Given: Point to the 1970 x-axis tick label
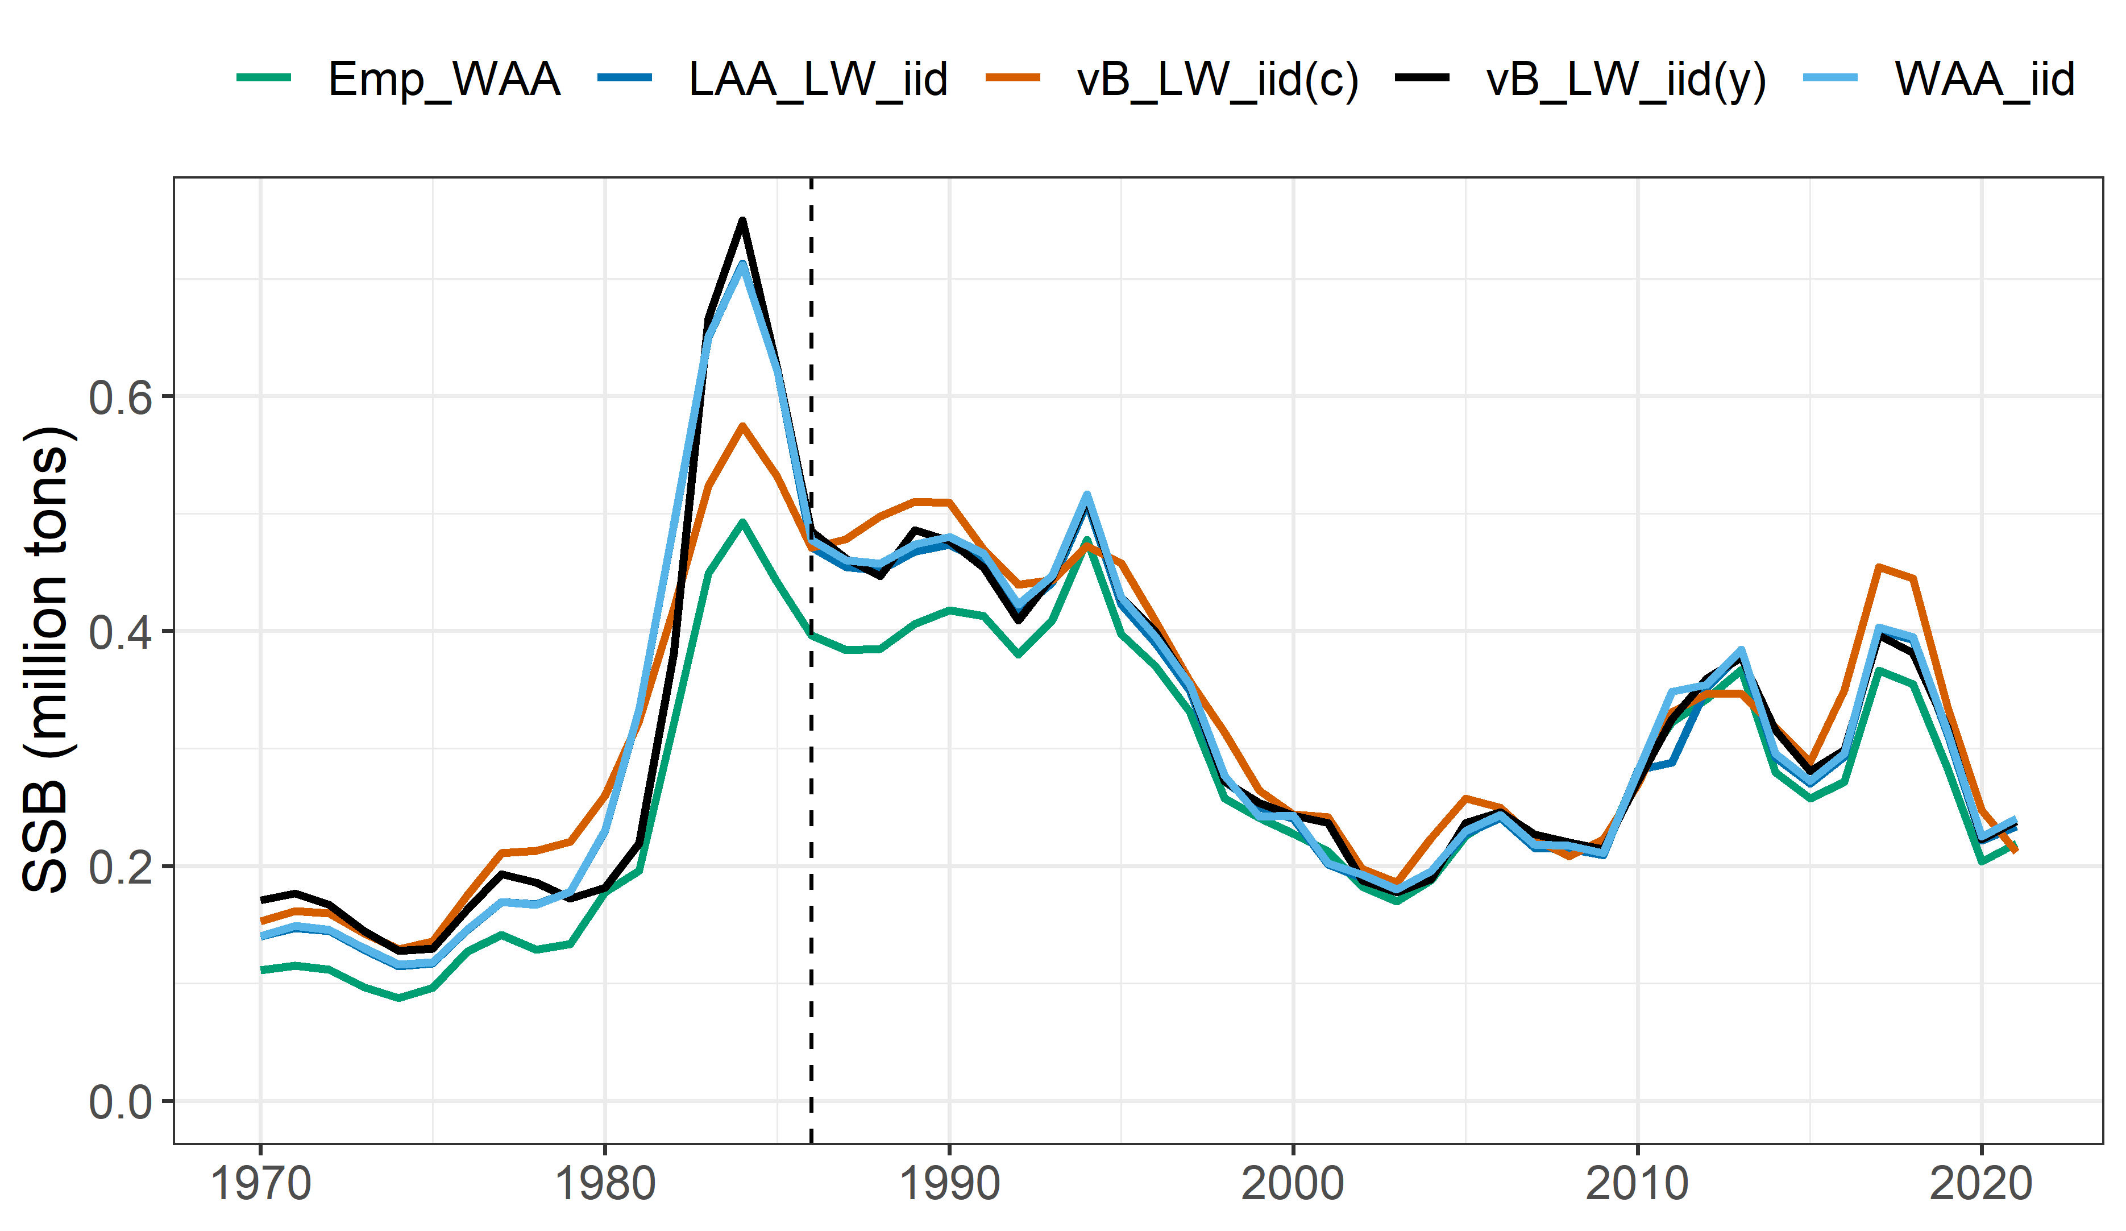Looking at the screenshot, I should [261, 1184].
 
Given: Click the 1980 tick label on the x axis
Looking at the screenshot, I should [605, 1184].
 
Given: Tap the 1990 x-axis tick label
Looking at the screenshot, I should [949, 1184].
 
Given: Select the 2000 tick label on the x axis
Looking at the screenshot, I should [1293, 1184].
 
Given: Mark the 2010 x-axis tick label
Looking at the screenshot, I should [1638, 1184].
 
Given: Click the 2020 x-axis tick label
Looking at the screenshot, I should [1981, 1184].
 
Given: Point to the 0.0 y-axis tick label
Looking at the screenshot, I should [120, 1102].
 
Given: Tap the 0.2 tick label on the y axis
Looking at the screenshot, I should [120, 867].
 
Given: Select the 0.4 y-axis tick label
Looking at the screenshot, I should [120, 632].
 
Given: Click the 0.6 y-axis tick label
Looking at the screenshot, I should [120, 396].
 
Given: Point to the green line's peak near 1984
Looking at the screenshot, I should [742, 523].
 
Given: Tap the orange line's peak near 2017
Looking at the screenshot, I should [1879, 566].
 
